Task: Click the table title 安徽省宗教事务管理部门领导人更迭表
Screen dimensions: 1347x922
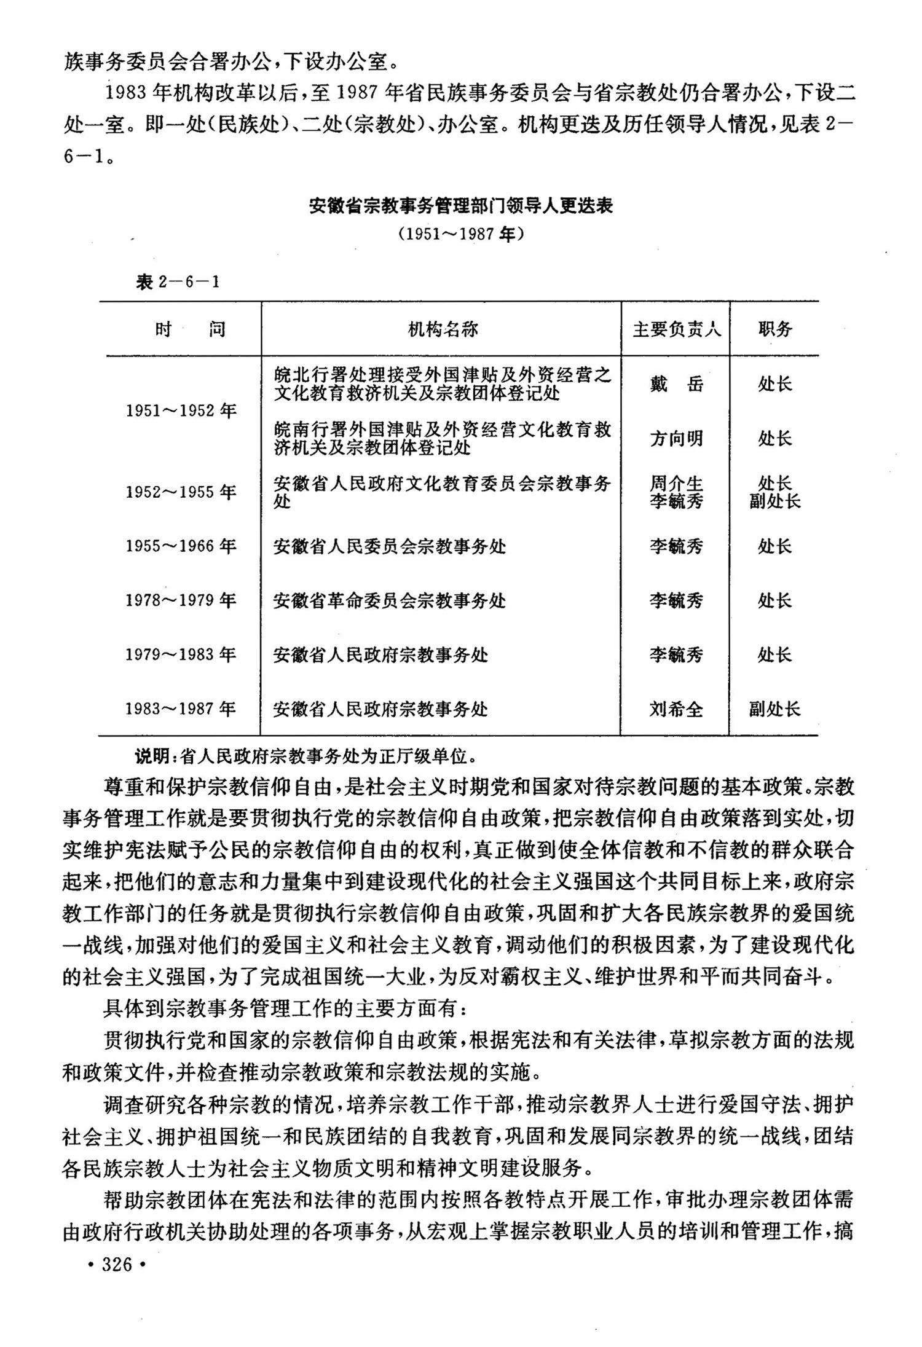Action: (x=460, y=206)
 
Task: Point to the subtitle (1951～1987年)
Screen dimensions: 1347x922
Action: (x=460, y=234)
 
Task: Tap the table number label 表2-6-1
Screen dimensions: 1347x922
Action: (x=178, y=282)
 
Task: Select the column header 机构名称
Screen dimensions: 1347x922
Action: (x=443, y=329)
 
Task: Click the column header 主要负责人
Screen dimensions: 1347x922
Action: (x=676, y=329)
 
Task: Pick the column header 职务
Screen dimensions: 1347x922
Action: (x=775, y=329)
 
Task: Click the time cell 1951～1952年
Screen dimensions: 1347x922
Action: (x=181, y=410)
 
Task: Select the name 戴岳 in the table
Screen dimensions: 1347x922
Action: (x=676, y=385)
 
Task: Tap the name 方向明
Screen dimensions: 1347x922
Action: (x=676, y=439)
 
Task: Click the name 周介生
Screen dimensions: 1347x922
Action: (x=676, y=484)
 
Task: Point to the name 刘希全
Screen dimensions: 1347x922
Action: (x=676, y=710)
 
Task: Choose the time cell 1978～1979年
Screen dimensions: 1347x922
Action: (x=181, y=600)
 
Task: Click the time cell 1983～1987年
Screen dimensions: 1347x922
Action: (x=181, y=709)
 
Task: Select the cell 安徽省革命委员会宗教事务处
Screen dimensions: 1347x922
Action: (x=390, y=600)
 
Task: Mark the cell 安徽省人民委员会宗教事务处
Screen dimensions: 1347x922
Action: (x=390, y=546)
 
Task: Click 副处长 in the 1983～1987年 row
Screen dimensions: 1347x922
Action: (x=775, y=710)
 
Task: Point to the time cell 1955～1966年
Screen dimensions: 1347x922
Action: (x=181, y=546)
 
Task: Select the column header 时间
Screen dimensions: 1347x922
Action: (x=190, y=329)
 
